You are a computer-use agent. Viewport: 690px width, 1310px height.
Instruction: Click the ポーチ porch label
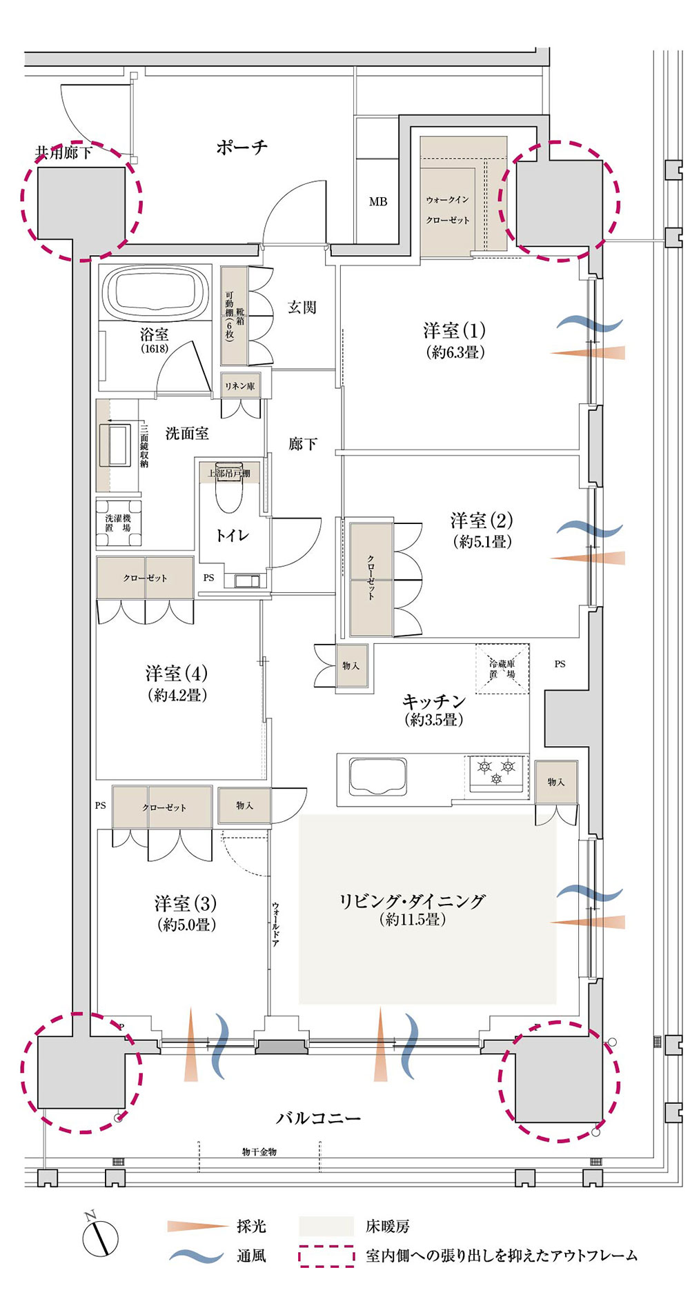click(241, 147)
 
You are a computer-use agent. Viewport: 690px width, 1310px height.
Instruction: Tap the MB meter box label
click(378, 201)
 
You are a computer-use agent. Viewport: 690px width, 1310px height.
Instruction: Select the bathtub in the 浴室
click(155, 292)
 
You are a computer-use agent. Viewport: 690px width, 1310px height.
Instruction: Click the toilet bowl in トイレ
click(229, 487)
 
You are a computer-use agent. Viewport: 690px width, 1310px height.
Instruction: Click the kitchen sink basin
click(378, 776)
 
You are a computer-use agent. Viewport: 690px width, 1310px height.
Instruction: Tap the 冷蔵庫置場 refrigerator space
click(502, 669)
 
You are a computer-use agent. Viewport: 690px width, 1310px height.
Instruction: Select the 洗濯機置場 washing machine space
click(119, 523)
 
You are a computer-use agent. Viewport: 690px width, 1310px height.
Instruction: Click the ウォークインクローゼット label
click(448, 210)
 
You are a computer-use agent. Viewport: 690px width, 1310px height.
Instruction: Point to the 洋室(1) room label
click(454, 330)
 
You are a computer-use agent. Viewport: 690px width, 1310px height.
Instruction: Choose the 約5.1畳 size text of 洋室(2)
click(482, 542)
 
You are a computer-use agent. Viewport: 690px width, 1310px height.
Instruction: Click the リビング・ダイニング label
click(412, 900)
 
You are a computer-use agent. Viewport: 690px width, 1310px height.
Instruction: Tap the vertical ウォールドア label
click(275, 923)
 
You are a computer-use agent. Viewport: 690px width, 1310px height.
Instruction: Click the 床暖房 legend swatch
click(326, 1227)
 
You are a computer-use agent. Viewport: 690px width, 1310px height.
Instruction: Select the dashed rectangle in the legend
click(326, 1256)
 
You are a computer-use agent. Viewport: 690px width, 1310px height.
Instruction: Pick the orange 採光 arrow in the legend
click(197, 1226)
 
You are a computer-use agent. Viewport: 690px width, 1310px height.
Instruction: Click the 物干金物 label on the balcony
click(259, 1152)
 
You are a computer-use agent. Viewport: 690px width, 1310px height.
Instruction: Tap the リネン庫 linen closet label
click(239, 386)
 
